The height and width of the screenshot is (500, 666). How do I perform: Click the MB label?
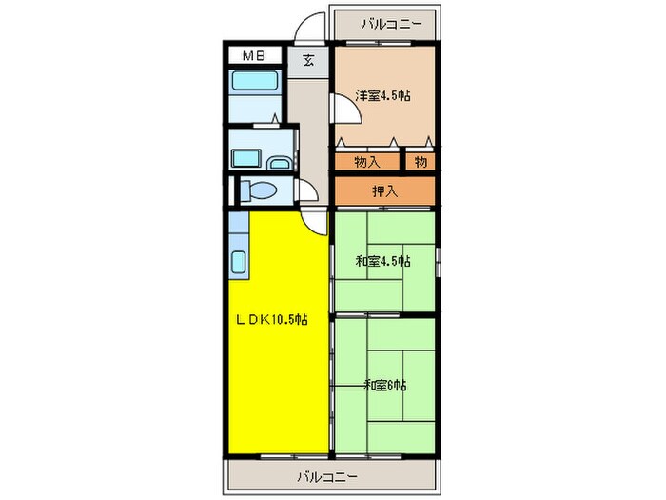pos(252,56)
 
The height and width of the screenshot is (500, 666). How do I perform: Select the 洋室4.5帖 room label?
pos(382,95)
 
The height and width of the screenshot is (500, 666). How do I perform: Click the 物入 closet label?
pos(367,161)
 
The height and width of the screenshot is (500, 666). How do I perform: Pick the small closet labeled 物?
pos(421,161)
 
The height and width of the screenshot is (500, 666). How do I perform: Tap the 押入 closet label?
pos(384,191)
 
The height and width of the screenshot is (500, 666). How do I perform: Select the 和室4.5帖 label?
pos(382,261)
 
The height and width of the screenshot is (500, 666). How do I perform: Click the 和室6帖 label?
pos(384,385)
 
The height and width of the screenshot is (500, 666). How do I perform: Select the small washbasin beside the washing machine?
pos(280,164)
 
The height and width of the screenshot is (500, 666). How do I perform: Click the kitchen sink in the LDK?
pos(238,259)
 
